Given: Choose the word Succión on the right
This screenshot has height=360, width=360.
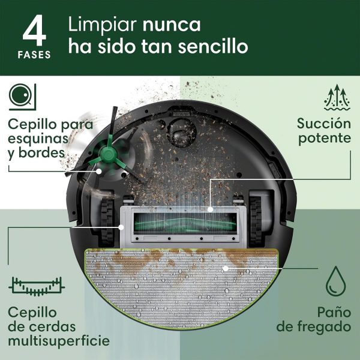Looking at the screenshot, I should point(324,124).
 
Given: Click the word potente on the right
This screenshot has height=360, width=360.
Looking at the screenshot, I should point(325,139).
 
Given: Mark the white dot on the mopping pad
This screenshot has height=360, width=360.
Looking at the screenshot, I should point(224,268).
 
